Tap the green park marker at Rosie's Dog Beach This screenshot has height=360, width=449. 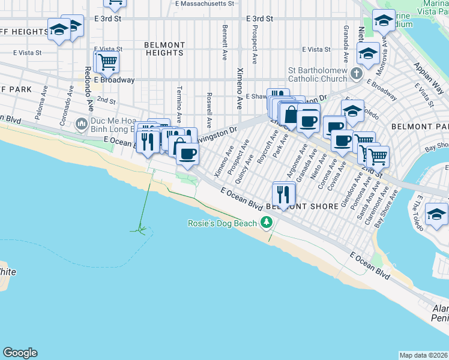266,223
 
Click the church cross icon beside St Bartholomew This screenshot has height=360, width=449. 357,74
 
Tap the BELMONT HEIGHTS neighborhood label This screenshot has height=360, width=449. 164,49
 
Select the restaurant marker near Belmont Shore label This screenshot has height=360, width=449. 284,194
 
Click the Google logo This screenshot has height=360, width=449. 20,353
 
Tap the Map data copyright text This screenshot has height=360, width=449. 423,355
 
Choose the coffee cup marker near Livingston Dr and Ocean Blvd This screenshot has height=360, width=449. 187,154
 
